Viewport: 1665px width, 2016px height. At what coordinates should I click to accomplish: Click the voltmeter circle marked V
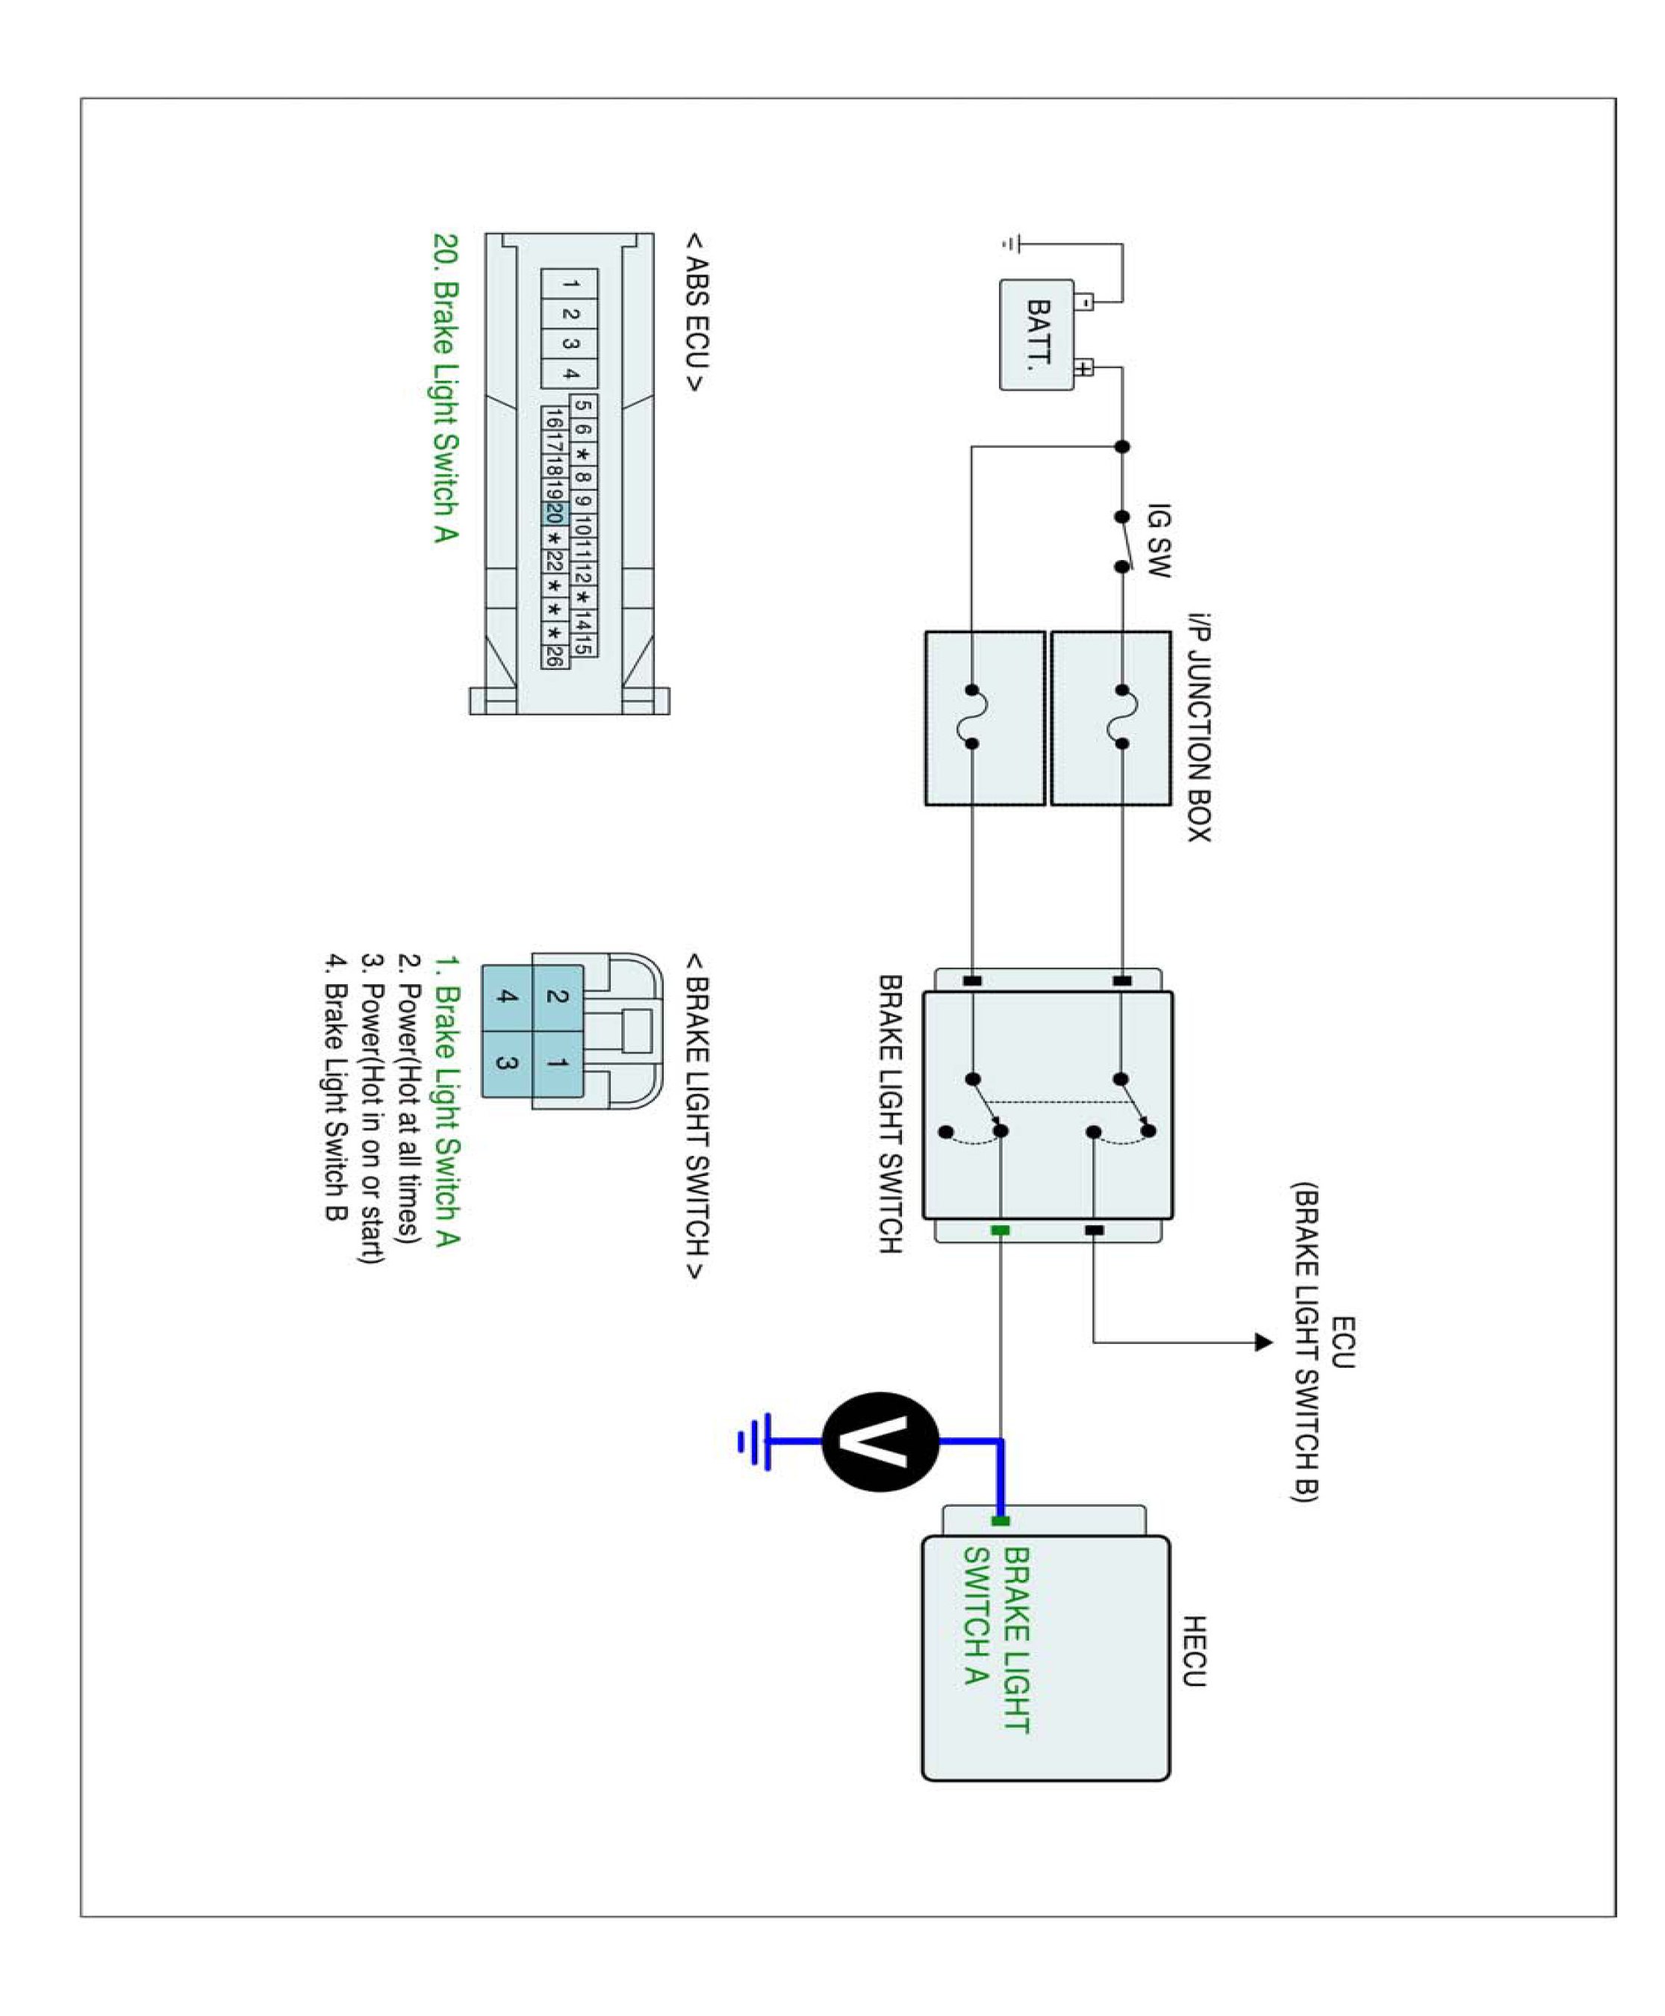(x=880, y=1442)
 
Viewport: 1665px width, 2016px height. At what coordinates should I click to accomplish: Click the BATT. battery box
(x=1037, y=334)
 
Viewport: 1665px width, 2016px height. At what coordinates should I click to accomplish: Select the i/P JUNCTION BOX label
(x=1199, y=728)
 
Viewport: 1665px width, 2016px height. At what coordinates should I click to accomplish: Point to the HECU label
(x=1193, y=1651)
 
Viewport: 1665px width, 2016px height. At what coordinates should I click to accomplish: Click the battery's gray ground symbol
(x=1010, y=245)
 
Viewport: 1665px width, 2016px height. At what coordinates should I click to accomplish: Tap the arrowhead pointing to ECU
(x=1264, y=1343)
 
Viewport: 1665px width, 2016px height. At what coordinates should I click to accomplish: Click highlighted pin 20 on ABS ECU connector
(x=553, y=514)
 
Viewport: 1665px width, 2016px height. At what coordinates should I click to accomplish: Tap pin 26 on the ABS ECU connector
(x=553, y=656)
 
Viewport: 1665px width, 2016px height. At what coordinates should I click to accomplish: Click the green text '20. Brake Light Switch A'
(x=445, y=388)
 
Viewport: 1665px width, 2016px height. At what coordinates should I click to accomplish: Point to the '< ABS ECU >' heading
(x=697, y=311)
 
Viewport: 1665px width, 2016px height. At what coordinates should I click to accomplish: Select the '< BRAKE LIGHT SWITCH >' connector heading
(x=697, y=1116)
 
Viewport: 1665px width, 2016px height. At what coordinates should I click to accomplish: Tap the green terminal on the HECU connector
(x=1000, y=1521)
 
